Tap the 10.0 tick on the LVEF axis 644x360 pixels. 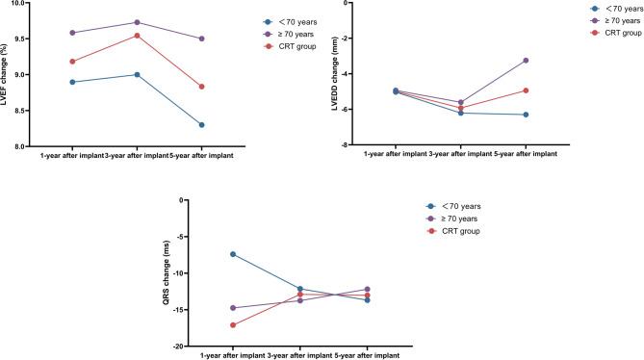coord(24,3)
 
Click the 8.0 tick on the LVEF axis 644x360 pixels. coord(24,146)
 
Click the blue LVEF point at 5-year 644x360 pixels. coord(202,125)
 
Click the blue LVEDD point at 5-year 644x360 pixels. coord(526,115)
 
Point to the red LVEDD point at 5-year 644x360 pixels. coord(526,90)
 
